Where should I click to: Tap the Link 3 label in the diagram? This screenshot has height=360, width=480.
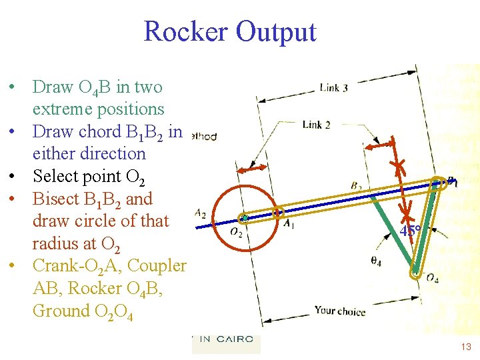tap(333, 87)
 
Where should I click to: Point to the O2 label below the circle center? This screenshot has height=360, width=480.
tap(236, 232)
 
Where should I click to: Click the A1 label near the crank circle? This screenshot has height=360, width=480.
tap(289, 225)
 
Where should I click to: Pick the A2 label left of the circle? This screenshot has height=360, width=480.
tap(200, 213)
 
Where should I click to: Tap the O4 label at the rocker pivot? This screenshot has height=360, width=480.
tap(431, 277)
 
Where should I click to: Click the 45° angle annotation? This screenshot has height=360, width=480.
tap(409, 231)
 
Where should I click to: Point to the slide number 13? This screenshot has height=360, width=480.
tap(466, 347)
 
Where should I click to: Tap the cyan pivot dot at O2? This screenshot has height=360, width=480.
tap(245, 218)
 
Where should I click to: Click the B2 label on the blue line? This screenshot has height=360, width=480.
tap(356, 185)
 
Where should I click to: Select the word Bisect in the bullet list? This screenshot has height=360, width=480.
tap(57, 199)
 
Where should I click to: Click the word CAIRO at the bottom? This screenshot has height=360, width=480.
tap(234, 339)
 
